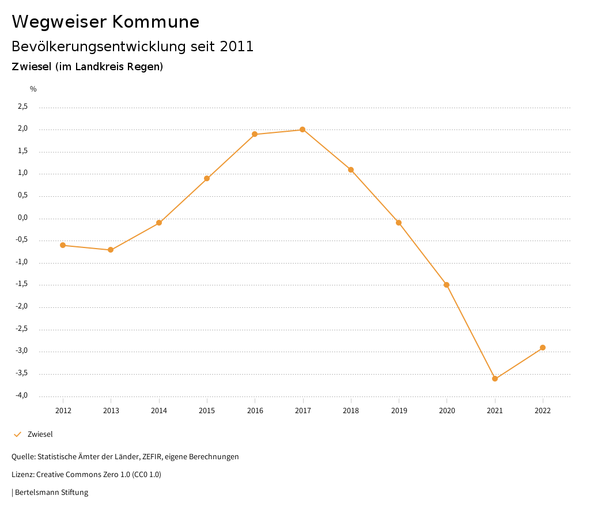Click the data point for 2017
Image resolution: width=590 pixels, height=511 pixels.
[302, 129]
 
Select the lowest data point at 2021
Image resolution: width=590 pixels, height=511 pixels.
[495, 379]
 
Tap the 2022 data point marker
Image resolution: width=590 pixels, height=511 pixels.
[543, 348]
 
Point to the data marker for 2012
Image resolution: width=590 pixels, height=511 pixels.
[63, 245]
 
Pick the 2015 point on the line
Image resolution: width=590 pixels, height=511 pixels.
[207, 178]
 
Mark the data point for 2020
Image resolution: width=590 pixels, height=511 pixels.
[447, 285]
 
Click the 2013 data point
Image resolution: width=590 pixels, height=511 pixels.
[111, 250]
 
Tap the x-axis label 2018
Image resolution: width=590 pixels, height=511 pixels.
[351, 410]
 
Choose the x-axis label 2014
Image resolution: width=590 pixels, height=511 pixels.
[159, 410]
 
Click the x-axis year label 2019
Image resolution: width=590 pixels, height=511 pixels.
[399, 410]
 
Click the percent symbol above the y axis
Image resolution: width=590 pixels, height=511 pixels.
[33, 89]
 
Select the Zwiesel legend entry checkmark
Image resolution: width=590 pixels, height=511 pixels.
[17, 434]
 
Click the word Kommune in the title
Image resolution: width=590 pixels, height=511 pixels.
[156, 22]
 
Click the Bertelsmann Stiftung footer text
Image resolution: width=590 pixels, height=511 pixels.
[51, 493]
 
